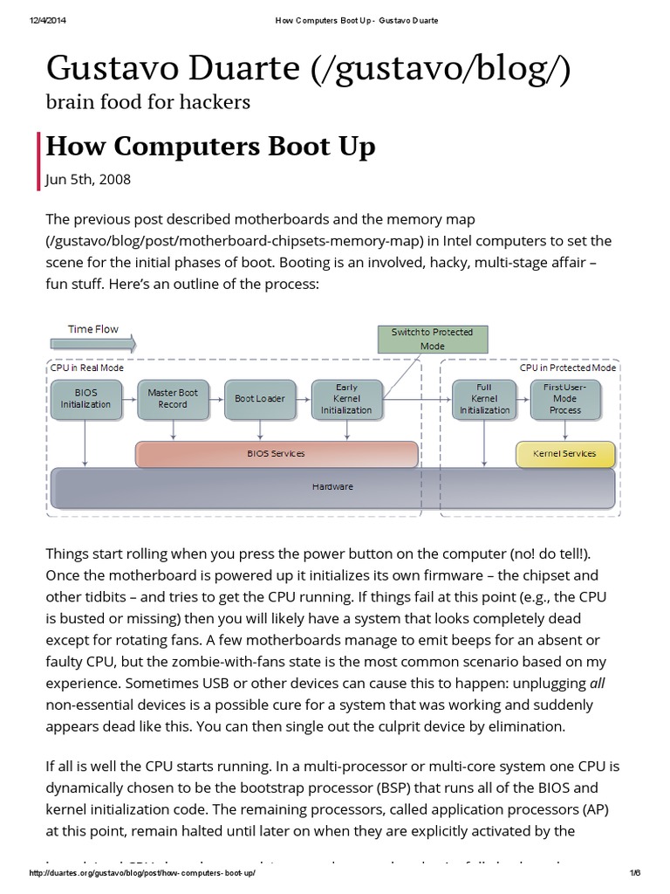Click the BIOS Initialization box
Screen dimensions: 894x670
coord(85,398)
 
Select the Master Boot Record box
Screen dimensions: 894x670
coord(173,398)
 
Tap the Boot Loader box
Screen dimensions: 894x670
coord(260,398)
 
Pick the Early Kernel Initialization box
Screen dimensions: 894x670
coord(346,398)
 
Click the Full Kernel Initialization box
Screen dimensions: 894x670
coord(485,398)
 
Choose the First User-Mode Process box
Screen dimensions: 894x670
coord(565,398)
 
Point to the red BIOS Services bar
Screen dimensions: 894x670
coord(277,454)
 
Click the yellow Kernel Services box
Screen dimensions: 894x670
coord(565,454)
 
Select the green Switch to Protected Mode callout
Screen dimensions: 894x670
coord(432,339)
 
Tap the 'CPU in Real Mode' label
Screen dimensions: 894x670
coord(87,368)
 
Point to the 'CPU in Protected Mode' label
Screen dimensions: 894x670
coord(568,368)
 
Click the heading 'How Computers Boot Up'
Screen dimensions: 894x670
coord(210,146)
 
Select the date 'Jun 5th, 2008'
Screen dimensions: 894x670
coord(88,179)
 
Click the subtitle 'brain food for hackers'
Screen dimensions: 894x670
coord(147,102)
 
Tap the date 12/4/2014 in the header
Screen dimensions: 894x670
coord(51,20)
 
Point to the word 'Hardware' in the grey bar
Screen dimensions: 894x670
coord(332,486)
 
